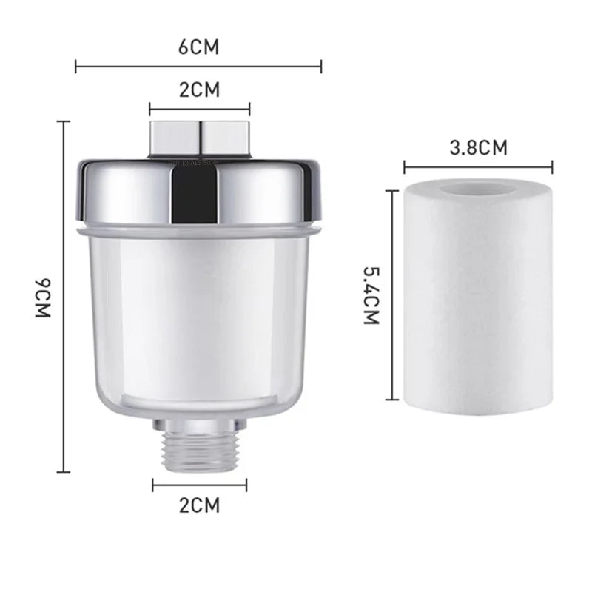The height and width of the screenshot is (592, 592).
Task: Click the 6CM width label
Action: click(199, 47)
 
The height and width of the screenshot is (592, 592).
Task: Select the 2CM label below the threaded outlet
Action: click(200, 506)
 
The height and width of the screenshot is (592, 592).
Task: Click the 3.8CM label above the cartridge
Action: click(479, 147)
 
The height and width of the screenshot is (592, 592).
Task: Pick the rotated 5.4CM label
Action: click(371, 297)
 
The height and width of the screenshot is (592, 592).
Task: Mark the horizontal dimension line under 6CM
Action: click(199, 67)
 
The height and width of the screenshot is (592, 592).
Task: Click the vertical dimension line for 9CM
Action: click(65, 296)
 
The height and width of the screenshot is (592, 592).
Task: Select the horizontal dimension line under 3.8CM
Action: click(479, 166)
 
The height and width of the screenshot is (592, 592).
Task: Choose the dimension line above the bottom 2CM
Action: click(200, 485)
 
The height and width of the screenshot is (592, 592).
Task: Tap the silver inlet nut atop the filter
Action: click(200, 137)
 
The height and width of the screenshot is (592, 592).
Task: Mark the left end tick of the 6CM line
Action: click(77, 67)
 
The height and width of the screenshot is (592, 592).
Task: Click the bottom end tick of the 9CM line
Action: click(65, 471)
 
